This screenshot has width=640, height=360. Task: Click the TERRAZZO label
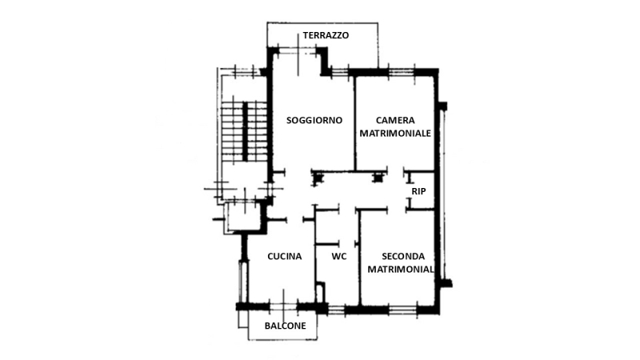click(326, 35)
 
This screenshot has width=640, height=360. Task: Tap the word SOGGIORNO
click(314, 121)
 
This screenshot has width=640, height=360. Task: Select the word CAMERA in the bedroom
click(395, 121)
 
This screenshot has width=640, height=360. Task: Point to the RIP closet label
click(418, 191)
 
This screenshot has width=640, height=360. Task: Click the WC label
click(339, 256)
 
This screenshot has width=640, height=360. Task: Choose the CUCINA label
click(285, 256)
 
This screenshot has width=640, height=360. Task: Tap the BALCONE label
click(286, 326)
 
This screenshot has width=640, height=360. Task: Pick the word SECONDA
click(403, 256)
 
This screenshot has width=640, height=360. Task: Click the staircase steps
click(244, 130)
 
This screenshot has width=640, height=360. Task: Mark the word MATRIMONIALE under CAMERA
click(395, 134)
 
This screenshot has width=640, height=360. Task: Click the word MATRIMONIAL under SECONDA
click(401, 270)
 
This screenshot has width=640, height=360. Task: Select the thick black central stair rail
click(246, 131)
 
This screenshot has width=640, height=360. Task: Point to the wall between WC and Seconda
click(359, 258)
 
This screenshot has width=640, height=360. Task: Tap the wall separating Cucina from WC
click(315, 254)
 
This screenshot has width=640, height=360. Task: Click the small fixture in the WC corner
click(321, 292)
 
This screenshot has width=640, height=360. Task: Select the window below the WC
click(336, 310)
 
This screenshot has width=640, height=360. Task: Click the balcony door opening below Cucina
click(283, 306)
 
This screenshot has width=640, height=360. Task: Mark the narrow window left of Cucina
click(243, 282)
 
